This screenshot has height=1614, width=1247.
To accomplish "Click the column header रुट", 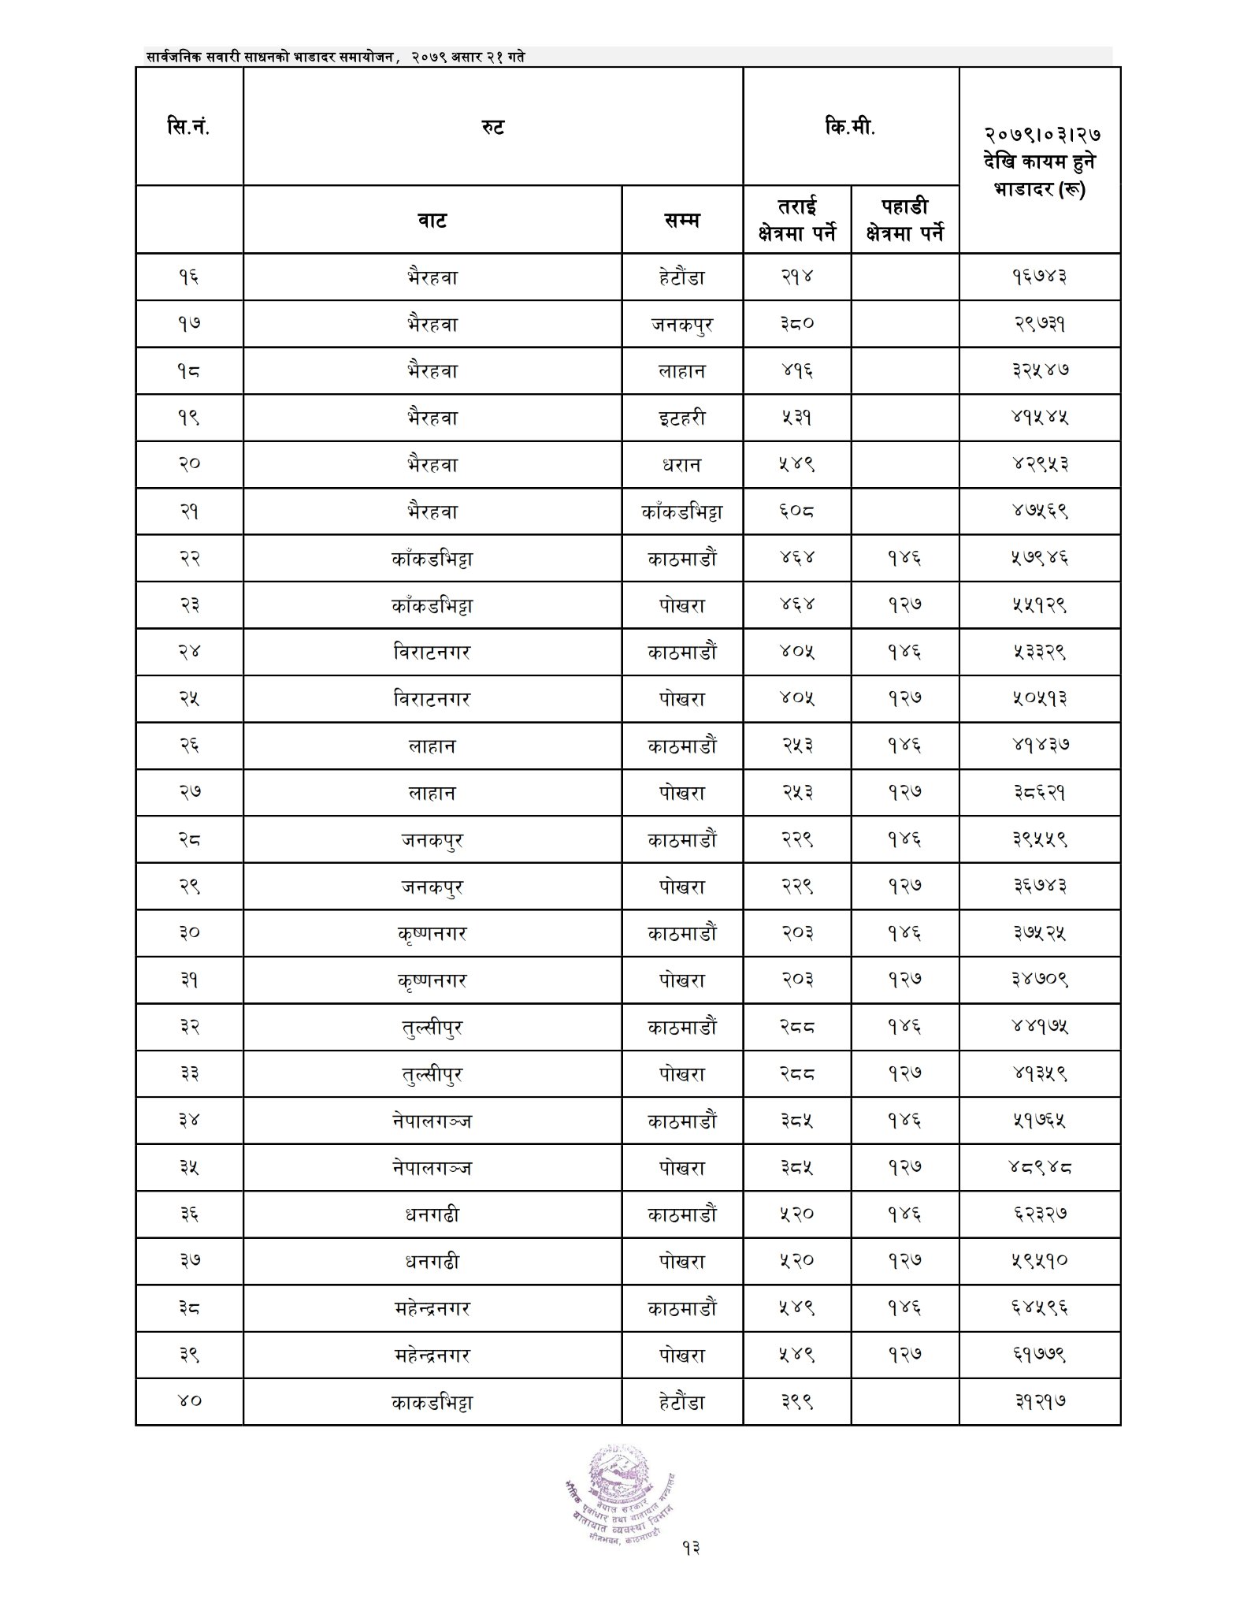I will [492, 127].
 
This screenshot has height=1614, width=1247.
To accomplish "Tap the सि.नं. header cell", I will [189, 127].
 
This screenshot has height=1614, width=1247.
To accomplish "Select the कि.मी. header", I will [850, 127].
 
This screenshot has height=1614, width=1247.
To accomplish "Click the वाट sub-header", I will [432, 220].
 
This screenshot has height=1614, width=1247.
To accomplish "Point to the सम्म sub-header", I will [681, 220].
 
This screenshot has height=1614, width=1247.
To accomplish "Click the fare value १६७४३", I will [1039, 277].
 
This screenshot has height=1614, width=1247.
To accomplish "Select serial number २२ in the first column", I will [189, 558].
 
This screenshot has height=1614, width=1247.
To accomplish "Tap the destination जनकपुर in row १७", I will [681, 324].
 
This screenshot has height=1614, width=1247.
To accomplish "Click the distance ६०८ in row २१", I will [796, 511].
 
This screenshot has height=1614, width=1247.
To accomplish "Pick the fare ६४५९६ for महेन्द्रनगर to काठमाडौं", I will [1039, 1308].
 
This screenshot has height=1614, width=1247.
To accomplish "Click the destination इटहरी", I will [681, 418].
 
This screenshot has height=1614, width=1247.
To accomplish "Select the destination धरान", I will [681, 465].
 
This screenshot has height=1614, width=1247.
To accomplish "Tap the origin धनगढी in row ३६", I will [432, 1214].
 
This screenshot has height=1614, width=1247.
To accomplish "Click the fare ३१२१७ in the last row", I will [1039, 1402].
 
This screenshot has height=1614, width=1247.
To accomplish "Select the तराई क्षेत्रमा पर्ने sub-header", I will [796, 220].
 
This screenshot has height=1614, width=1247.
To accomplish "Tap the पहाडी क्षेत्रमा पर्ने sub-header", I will [904, 220].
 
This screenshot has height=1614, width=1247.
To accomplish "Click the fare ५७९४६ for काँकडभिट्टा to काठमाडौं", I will [1039, 558].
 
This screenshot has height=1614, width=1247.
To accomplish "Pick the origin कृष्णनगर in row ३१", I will [432, 980].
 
